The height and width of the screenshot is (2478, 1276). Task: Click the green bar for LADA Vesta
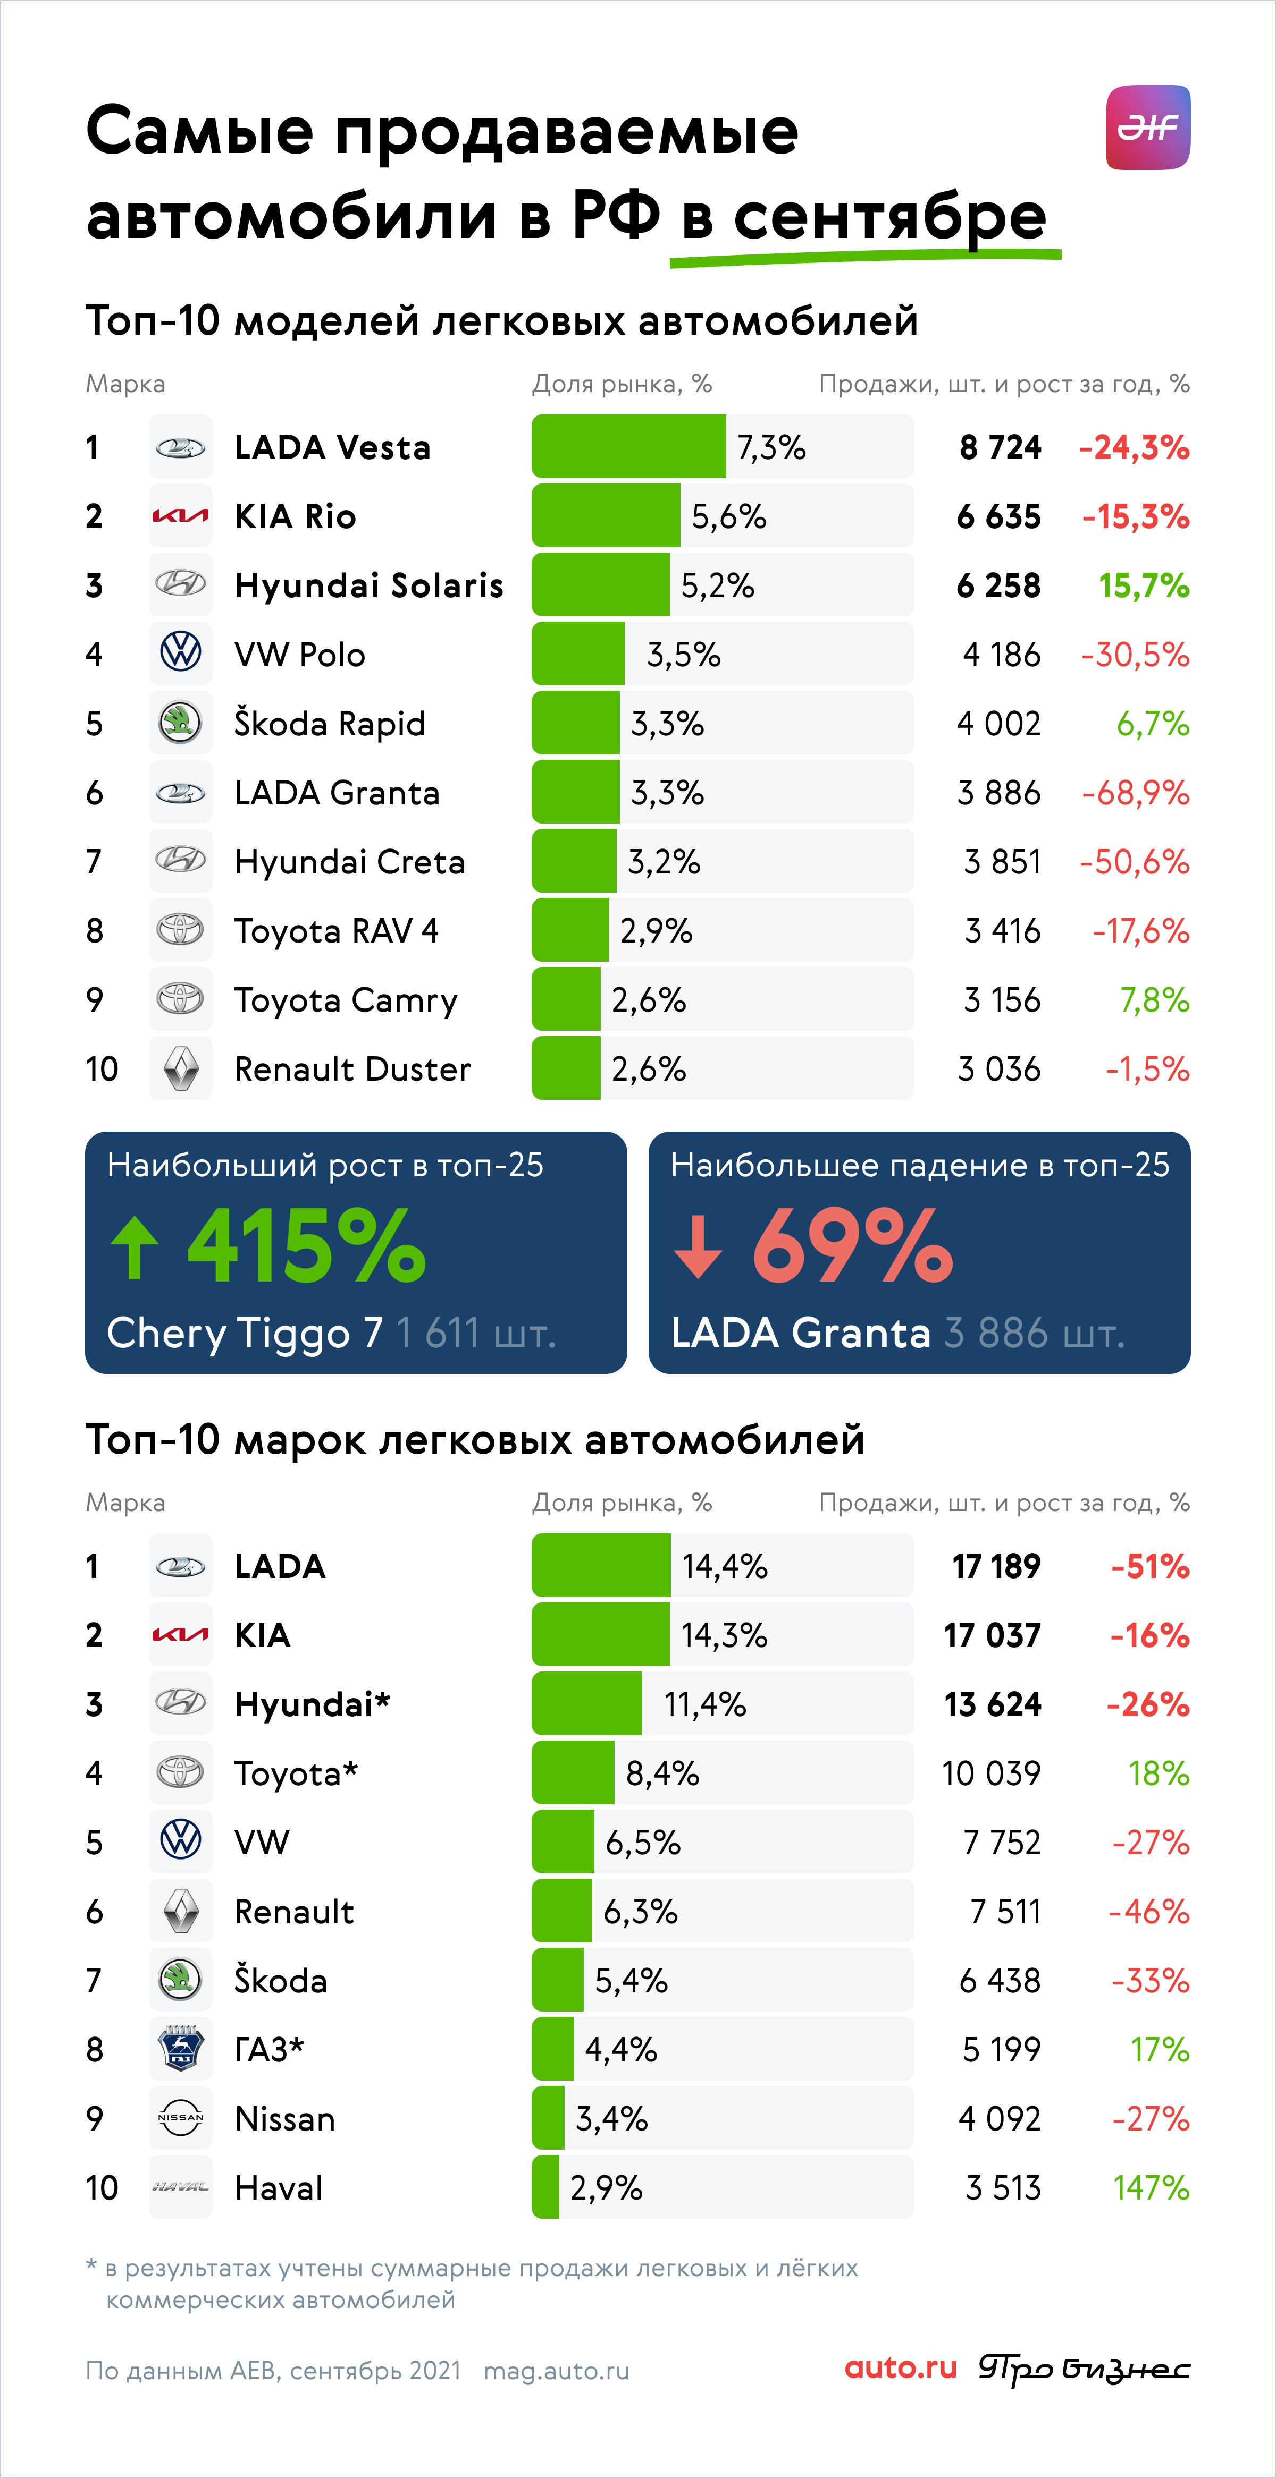[628, 446]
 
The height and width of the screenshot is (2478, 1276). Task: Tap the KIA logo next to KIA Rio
[180, 516]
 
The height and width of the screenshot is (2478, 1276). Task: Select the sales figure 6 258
[999, 586]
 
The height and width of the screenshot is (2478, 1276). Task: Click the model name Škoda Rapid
[330, 724]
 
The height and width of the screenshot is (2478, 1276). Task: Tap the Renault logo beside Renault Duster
[181, 1069]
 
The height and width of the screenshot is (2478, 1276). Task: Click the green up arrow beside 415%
[135, 1246]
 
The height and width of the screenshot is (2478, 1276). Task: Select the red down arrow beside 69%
[698, 1246]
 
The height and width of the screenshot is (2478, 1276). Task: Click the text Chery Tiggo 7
[245, 1333]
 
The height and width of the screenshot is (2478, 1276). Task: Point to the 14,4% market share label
[725, 1566]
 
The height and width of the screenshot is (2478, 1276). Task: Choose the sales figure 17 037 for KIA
[992, 1635]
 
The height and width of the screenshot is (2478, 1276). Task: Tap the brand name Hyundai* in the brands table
[313, 1704]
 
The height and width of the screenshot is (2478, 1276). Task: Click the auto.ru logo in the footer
[901, 2369]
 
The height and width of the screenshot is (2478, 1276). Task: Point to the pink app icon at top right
[1148, 127]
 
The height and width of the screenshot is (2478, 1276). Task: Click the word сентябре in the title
[890, 216]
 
